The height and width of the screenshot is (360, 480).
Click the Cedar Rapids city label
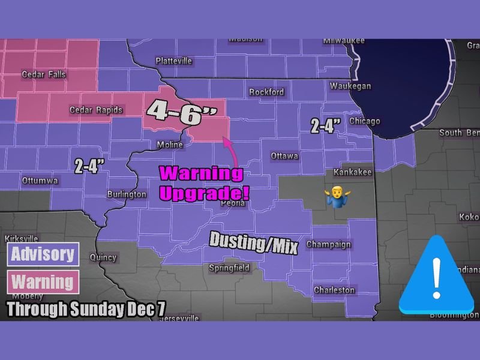pos(96,110)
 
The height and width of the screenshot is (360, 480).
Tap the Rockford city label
pos(267,92)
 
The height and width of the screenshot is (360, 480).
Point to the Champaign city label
pos(328,244)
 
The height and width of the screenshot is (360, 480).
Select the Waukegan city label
pos(350,86)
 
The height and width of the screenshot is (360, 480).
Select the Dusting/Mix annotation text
pos(253,242)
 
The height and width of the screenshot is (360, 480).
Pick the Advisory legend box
pos(43,254)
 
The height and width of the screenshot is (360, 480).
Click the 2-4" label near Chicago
pos(326,125)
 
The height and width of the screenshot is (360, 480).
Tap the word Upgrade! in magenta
pos(203,193)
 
